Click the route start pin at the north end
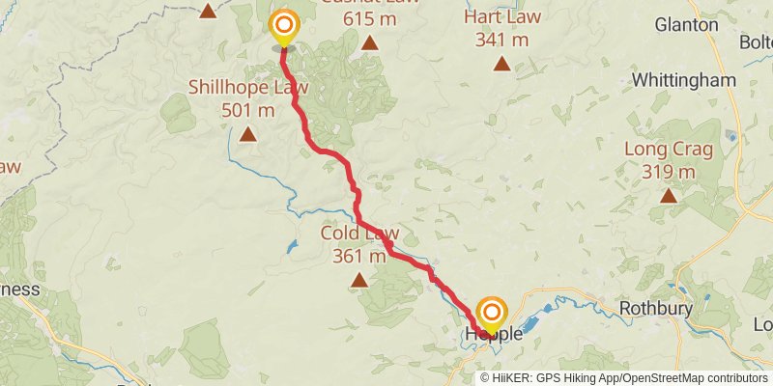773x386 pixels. pos(284,26)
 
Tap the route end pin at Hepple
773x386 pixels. pos(492,313)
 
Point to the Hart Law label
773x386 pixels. pos(502,18)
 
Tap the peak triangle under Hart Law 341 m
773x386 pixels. pos(501,64)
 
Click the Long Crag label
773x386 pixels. pos(668,150)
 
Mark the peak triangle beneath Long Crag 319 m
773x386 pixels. pos(668,196)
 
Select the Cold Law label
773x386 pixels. pos(360,234)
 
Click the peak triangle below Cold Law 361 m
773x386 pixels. pos(359,280)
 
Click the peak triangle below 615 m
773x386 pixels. pos(369,42)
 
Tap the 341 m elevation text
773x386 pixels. pos(502,40)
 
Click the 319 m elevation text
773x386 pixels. pos(668,172)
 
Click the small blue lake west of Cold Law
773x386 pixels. pos(292,247)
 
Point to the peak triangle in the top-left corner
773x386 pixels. pos(208,12)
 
